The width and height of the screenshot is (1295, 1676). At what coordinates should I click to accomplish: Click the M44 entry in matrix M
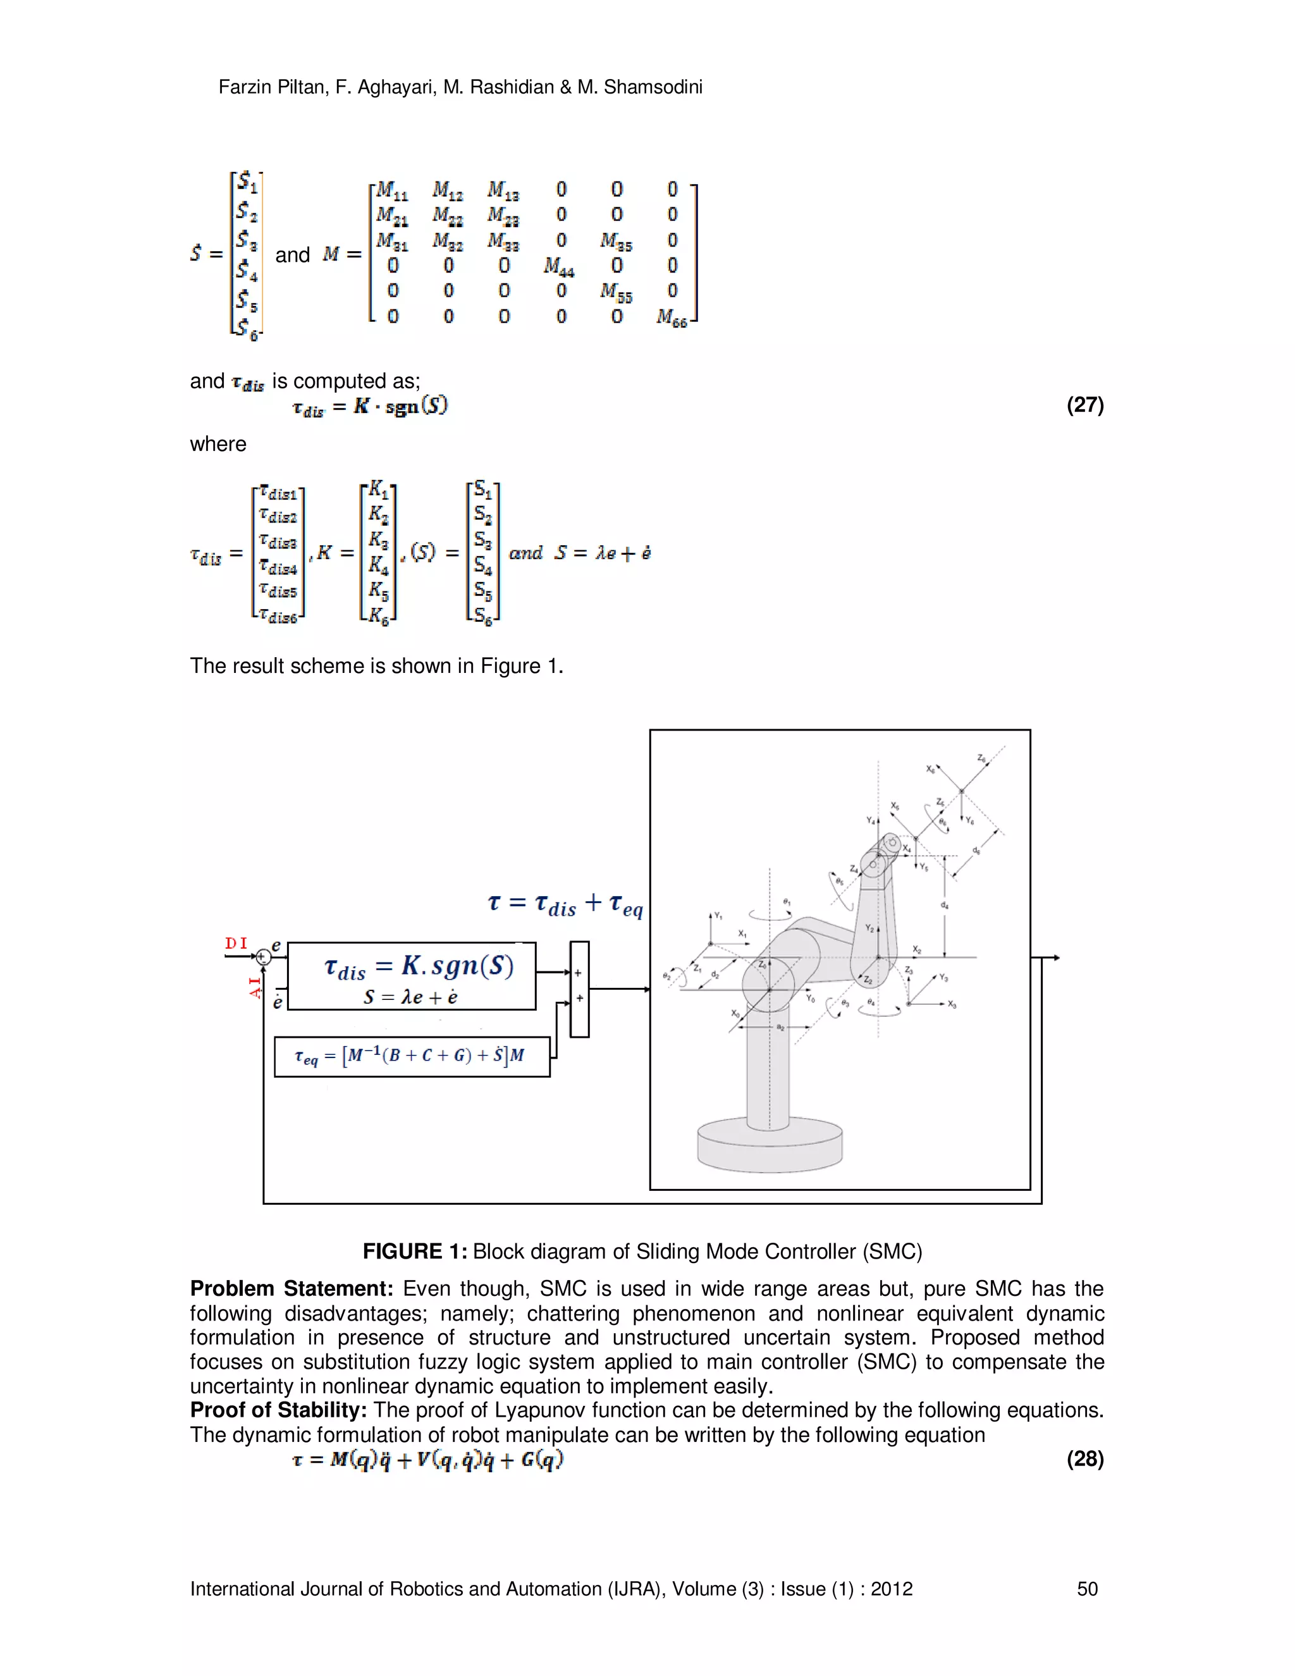pos(559,266)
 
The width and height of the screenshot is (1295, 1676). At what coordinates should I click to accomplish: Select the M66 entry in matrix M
pos(672,317)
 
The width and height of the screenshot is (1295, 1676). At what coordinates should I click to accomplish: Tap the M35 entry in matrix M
pos(616,241)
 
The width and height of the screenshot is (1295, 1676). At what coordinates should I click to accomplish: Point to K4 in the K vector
pos(378,565)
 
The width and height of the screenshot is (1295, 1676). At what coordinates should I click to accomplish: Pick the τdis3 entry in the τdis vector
pos(278,542)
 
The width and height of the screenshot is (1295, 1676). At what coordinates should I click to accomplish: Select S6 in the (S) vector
pos(482,615)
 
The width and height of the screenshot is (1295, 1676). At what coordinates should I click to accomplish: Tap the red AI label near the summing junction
pos(255,986)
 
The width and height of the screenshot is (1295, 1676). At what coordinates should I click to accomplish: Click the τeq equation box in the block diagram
pos(412,1056)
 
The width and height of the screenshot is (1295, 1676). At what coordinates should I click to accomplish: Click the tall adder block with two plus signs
pos(579,989)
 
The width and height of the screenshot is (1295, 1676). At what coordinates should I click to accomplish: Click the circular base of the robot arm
pos(770,1145)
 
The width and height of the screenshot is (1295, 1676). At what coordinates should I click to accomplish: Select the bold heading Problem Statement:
pos(292,1288)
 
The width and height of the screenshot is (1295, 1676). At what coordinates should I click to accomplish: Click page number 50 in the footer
pos(1087,1589)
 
